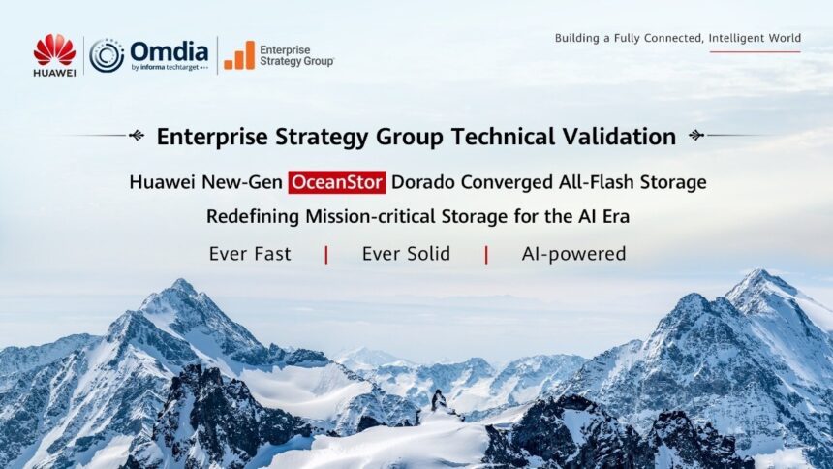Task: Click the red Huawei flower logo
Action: pos(54,48)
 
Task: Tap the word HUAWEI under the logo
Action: pos(54,71)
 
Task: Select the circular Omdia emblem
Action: pos(107,55)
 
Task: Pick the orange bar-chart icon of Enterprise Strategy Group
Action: pos(239,55)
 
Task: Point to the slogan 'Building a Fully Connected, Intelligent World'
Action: pos(677,39)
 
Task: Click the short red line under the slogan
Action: pos(755,51)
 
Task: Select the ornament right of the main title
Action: pos(696,136)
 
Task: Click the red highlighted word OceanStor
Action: pos(337,181)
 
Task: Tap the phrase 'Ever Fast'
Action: pos(250,254)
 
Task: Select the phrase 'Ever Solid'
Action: pos(406,254)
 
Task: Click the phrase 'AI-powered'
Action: pos(573,254)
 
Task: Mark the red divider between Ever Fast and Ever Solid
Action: pos(326,255)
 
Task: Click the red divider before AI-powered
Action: pos(486,255)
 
